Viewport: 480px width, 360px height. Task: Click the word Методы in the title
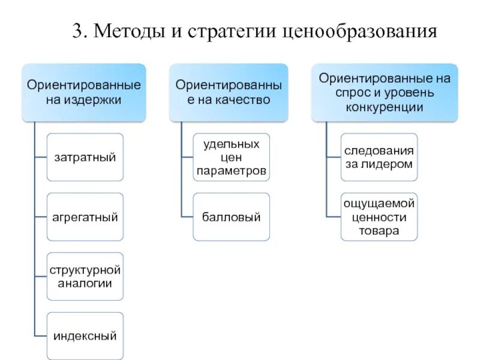(x=124, y=31)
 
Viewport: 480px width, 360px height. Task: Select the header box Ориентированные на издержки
(x=84, y=92)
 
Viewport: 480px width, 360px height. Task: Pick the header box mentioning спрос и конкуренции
(x=385, y=92)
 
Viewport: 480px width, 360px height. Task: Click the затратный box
(x=85, y=157)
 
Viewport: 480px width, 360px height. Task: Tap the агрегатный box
(x=85, y=217)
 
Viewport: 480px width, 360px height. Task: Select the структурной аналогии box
(x=85, y=276)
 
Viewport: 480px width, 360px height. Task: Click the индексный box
(x=85, y=336)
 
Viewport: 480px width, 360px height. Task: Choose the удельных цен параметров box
(x=231, y=157)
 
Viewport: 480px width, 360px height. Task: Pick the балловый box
(x=231, y=217)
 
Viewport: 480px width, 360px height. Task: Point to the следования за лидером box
(x=379, y=157)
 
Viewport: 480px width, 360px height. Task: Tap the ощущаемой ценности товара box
(x=379, y=217)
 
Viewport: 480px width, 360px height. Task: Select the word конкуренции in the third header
(x=385, y=107)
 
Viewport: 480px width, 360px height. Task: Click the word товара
(x=379, y=231)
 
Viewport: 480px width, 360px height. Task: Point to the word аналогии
(x=85, y=283)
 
